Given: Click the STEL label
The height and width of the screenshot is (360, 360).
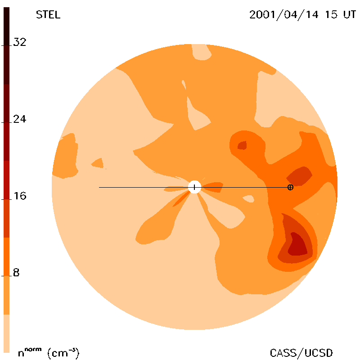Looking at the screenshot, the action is (48, 15).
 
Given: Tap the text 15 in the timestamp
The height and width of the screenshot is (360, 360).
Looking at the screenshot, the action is (331, 15).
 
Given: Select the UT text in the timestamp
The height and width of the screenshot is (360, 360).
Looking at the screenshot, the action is (350, 15).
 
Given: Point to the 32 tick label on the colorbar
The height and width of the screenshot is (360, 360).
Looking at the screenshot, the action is (20, 42).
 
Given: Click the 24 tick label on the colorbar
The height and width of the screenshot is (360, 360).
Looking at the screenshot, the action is (20, 119).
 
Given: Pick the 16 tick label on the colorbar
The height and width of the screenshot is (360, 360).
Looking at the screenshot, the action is (20, 196).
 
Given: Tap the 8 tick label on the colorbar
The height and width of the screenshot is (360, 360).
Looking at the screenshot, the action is (16, 273).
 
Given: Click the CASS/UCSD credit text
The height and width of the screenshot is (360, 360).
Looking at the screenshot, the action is (301, 353).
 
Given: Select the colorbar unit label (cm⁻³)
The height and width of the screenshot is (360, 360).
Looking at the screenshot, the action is (63, 353).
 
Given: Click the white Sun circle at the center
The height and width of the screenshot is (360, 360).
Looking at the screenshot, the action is (194, 187).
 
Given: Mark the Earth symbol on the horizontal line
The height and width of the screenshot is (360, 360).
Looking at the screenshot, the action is (290, 187).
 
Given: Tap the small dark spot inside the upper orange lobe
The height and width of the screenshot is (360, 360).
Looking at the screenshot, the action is (242, 145).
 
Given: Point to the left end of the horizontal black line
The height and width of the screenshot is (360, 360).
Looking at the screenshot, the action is (99, 187).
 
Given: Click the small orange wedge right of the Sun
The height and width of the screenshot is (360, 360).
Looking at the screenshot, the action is (213, 187).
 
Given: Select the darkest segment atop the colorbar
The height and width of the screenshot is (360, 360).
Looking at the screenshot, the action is (6, 45).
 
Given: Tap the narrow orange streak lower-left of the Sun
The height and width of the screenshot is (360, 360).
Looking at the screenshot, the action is (181, 199).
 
